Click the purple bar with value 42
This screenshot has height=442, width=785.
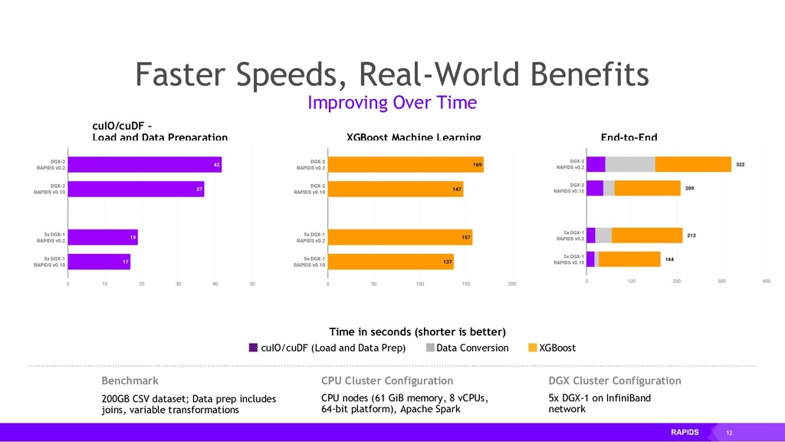pyautogui.click(x=144, y=164)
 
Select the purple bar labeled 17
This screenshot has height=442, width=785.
pyautogui.click(x=99, y=262)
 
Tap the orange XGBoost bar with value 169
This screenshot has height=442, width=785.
pyautogui.click(x=406, y=164)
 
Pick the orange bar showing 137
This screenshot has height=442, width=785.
pyautogui.click(x=391, y=262)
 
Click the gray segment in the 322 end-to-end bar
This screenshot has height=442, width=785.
pyautogui.click(x=630, y=164)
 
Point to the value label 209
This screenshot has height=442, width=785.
pyautogui.click(x=689, y=188)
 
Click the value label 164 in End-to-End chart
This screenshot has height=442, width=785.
pyautogui.click(x=669, y=259)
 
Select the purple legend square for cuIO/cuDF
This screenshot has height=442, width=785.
pyautogui.click(x=253, y=348)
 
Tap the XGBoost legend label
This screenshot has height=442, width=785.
pyautogui.click(x=557, y=348)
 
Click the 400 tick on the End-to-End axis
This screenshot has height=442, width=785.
pyautogui.click(x=767, y=282)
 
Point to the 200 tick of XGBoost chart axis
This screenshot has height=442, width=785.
pyautogui.click(x=511, y=283)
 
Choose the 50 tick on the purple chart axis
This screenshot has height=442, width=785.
pyautogui.click(x=252, y=283)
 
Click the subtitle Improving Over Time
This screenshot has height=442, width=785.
pyautogui.click(x=392, y=103)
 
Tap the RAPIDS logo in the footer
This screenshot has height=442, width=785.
pyautogui.click(x=685, y=432)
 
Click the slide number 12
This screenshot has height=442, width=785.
pyautogui.click(x=728, y=433)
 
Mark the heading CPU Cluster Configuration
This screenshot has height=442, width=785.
pyautogui.click(x=386, y=381)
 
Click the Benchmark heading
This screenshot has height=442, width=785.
pyautogui.click(x=130, y=381)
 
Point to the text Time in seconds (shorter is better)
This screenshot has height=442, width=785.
pyautogui.click(x=418, y=331)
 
